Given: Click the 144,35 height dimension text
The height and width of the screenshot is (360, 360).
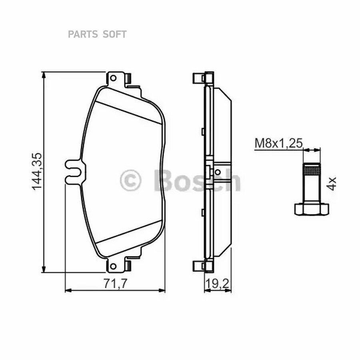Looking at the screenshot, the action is (37, 172).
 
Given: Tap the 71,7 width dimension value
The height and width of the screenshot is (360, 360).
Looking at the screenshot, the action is (115, 284).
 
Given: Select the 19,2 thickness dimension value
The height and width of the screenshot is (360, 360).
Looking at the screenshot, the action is (217, 284).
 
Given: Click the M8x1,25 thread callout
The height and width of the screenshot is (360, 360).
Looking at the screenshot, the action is (279, 143).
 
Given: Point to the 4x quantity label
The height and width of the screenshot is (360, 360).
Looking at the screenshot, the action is (331, 184).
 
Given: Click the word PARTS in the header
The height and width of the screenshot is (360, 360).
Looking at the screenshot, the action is (83, 34).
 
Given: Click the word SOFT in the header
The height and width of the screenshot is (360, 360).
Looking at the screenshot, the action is (114, 34).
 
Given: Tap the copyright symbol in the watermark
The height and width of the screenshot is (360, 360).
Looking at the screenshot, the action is (130, 180).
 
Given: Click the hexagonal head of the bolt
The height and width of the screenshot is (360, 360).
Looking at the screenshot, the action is (312, 209).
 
